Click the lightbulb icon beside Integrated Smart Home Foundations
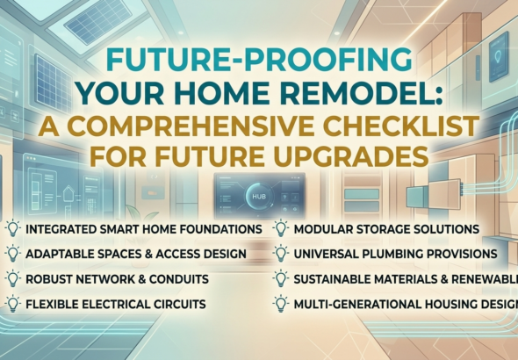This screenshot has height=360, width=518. coord(13,228)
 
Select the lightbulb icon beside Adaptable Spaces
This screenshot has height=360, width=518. coord(13,254)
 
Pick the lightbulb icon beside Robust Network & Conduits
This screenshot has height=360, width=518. coord(13,278)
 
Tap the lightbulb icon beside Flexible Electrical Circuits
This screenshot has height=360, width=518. coord(13,304)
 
